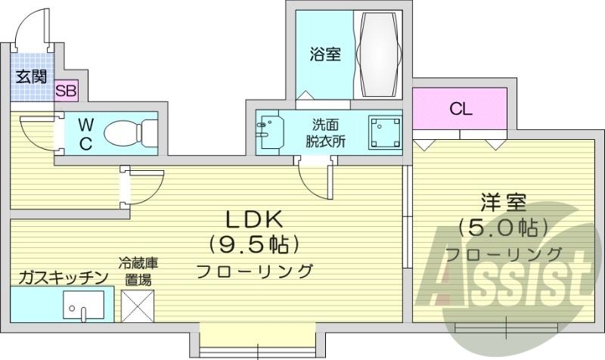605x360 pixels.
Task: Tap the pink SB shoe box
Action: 66,91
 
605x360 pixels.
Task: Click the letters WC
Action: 85,134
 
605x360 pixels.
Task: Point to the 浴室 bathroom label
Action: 324,54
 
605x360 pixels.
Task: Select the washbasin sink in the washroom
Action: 268,132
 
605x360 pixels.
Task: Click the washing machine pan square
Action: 384,132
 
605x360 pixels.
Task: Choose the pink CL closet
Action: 460,109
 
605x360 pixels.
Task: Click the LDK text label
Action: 254,219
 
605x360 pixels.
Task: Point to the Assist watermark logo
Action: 505,278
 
